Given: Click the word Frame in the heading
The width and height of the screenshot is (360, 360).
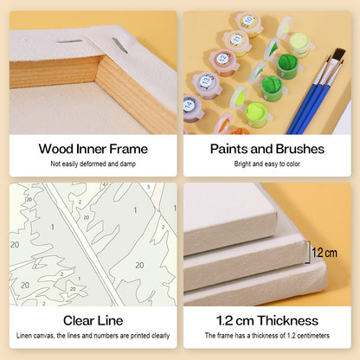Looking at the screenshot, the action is click(x=128, y=149).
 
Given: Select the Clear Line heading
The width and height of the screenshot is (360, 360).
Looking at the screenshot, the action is click(x=93, y=321).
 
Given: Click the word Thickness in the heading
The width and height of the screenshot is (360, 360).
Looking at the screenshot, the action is click(x=288, y=321).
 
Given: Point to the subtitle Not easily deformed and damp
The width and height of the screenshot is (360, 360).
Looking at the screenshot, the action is click(x=93, y=164).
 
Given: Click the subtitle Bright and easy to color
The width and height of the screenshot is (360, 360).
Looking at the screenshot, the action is click(x=267, y=164).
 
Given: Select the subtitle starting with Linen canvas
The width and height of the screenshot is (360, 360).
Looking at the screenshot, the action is click(x=93, y=336).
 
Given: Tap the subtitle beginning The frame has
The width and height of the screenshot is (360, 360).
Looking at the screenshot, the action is click(x=267, y=336).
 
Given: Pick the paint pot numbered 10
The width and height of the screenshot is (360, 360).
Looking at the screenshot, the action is click(x=249, y=24).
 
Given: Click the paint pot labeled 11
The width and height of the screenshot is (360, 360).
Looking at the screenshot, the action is click(x=236, y=42).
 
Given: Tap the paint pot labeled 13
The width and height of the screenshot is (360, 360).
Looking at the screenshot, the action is click(x=207, y=85).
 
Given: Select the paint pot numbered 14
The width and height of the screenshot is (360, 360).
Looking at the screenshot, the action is click(x=192, y=108).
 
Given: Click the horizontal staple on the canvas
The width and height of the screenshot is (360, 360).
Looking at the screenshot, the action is click(x=69, y=42).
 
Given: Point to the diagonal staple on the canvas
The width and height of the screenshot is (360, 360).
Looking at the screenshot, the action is click(x=120, y=46).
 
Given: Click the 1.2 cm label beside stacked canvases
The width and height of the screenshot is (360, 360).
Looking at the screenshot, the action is click(x=325, y=253).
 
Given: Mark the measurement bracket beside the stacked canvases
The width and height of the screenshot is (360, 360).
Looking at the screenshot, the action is click(x=308, y=252).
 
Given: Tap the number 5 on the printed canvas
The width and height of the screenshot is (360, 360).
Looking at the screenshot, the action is click(x=149, y=187).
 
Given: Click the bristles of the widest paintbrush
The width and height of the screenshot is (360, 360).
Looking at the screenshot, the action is click(x=339, y=55).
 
